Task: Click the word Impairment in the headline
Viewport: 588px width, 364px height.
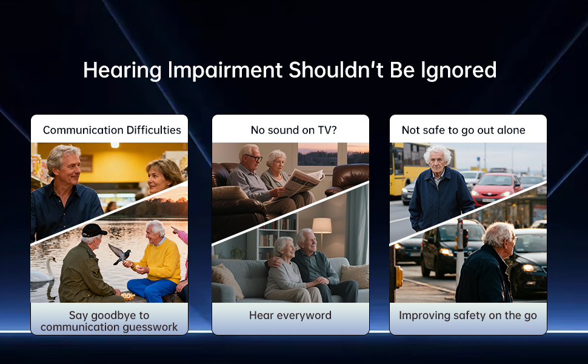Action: [225, 70]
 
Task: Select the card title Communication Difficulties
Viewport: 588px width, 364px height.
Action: [112, 130]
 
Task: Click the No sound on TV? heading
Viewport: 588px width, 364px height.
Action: [293, 130]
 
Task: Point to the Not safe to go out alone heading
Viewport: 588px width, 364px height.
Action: [463, 130]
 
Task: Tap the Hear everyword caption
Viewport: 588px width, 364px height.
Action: [290, 315]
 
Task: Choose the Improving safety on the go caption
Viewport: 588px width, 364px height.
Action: [467, 315]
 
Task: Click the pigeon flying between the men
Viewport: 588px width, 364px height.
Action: [119, 254]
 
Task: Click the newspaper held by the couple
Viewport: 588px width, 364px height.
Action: [303, 182]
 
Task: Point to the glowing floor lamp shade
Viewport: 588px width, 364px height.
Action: [322, 226]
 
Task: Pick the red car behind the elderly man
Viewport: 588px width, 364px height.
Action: [496, 189]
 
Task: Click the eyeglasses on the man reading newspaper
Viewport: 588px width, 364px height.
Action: [254, 158]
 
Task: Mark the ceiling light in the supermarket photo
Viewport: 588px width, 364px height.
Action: [115, 145]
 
